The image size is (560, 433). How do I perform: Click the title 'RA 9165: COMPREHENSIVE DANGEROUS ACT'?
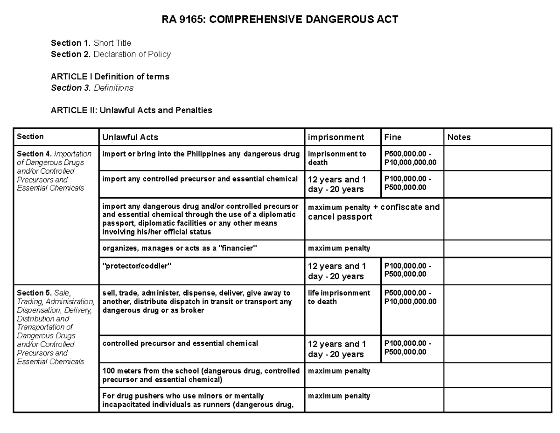(280, 20)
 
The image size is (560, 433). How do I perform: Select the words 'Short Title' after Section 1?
(112, 43)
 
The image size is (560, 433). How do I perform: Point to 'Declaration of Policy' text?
(132, 54)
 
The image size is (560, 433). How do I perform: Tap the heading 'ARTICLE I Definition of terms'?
(110, 77)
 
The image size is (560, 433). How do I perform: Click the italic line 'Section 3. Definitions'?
(92, 88)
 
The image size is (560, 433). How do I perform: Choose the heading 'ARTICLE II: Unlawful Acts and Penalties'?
(131, 110)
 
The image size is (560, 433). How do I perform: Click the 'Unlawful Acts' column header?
(130, 137)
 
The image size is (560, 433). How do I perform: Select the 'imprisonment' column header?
(336, 137)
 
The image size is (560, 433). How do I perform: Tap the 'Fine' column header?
(392, 137)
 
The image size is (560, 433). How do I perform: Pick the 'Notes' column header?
(459, 137)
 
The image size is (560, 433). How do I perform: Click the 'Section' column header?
(30, 137)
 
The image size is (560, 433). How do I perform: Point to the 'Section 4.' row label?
(34, 154)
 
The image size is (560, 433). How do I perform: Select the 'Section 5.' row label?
(34, 293)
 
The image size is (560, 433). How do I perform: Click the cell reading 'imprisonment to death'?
(337, 158)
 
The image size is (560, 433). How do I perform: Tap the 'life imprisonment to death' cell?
(339, 297)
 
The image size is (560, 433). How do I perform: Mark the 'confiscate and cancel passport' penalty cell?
(373, 212)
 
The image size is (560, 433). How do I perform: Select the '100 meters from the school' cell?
(201, 375)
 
